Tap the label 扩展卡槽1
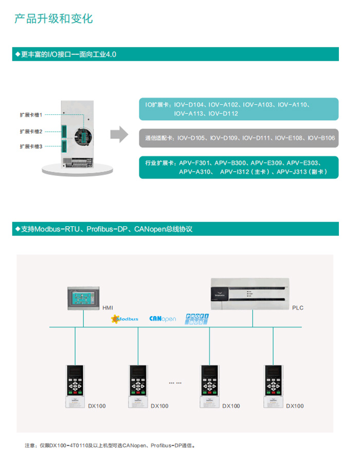pyautogui.click(x=31, y=115)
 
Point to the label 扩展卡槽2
pyautogui.click(x=31, y=131)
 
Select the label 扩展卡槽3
pyautogui.click(x=31, y=146)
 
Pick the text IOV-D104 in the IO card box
pyautogui.click(x=189, y=105)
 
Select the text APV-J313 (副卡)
pyautogui.click(x=301, y=172)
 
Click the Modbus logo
pyautogui.click(x=125, y=319)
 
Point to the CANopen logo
pyautogui.click(x=163, y=319)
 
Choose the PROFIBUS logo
pyautogui.click(x=196, y=318)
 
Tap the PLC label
pyautogui.click(x=298, y=308)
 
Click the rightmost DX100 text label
pyautogui.click(x=295, y=406)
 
